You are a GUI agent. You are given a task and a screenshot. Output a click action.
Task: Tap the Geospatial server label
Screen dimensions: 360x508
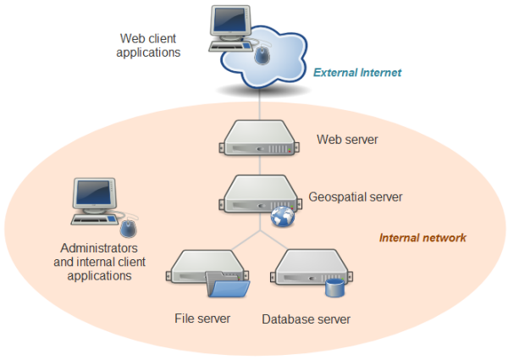pos(355,197)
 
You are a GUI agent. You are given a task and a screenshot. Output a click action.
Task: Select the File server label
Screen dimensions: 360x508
pos(202,318)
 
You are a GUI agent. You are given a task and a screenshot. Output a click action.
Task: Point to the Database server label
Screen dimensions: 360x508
pos(306,319)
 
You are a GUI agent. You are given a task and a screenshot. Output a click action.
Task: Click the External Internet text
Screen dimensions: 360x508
pos(356,73)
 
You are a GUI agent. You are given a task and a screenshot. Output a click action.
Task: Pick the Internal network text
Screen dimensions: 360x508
pos(422,238)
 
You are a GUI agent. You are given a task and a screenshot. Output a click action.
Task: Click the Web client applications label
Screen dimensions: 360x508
pos(151,45)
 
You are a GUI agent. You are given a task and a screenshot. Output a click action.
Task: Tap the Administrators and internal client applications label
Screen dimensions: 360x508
pos(99,262)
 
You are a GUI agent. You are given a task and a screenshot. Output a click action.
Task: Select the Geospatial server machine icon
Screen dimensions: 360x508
pos(256,195)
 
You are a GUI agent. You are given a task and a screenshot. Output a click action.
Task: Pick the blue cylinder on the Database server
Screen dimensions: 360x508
pos(335,288)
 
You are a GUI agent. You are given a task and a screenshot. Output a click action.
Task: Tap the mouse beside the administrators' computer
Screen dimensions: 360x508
pos(129,227)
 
